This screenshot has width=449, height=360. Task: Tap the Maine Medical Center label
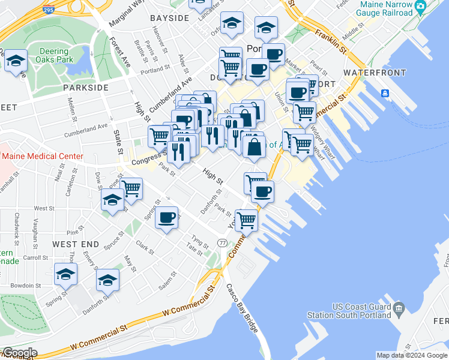click(x=42, y=157)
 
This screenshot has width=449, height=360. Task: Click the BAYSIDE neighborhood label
click(x=169, y=18)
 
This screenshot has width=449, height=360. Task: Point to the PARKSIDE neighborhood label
click(x=86, y=88)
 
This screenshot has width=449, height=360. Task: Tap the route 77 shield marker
click(x=223, y=242)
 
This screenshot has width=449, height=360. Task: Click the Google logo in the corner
click(x=19, y=353)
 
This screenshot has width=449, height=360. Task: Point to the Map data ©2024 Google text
click(x=412, y=355)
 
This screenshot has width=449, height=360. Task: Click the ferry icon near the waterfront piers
click(x=384, y=94)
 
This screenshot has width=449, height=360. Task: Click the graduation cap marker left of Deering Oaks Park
click(x=16, y=61)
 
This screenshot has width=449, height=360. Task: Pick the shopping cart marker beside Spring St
click(x=131, y=188)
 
